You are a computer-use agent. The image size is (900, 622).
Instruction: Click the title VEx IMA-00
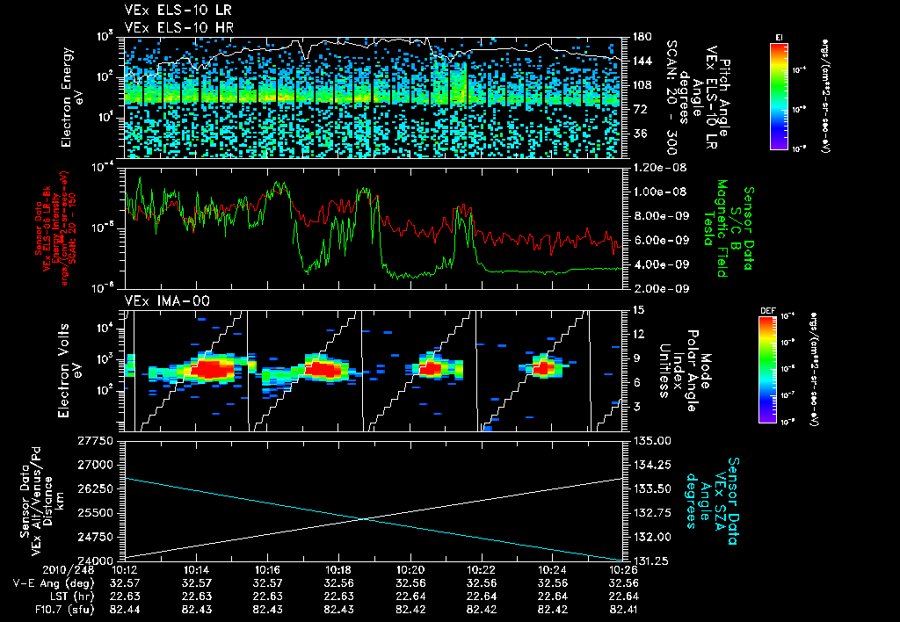[x=161, y=300]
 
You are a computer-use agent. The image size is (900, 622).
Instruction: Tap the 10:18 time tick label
[x=339, y=568]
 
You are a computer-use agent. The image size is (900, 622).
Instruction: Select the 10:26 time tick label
[x=622, y=568]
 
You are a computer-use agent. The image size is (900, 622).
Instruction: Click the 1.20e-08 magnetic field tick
[x=656, y=167]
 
